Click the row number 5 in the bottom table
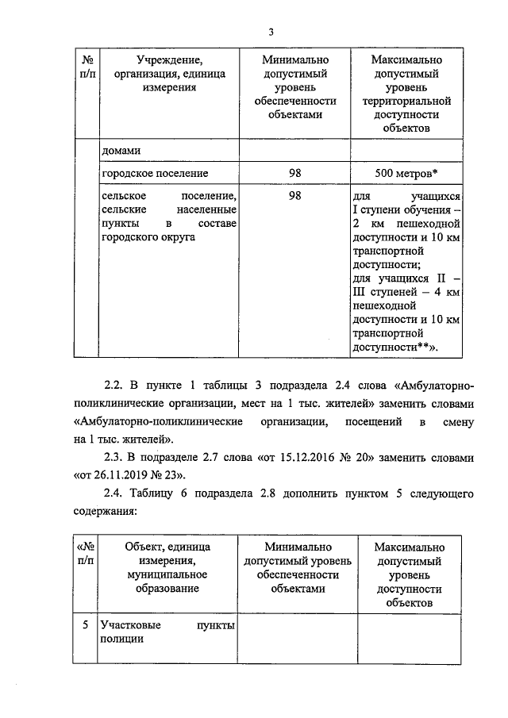pyautogui.click(x=84, y=626)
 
